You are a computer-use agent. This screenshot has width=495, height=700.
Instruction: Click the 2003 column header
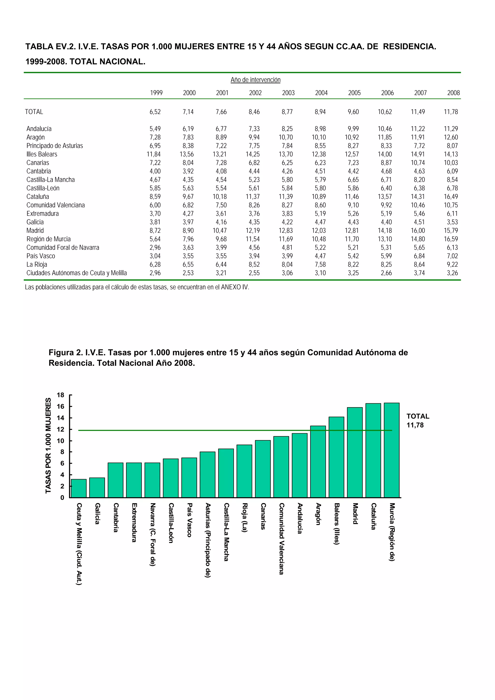pyautogui.click(x=288, y=93)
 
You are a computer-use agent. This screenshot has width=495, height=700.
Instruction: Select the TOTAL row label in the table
pyautogui.click(x=34, y=112)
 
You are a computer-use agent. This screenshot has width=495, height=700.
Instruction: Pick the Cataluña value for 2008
pyautogui.click(x=451, y=197)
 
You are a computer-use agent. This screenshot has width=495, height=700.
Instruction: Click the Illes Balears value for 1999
pyautogui.click(x=153, y=154)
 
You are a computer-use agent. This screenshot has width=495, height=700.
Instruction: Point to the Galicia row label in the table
pyautogui.click(x=35, y=222)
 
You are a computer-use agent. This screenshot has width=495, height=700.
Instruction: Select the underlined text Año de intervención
pyautogui.click(x=255, y=80)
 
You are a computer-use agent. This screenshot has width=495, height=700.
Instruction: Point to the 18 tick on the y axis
pyautogui.click(x=60, y=395)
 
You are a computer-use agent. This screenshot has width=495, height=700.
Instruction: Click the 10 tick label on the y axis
pyautogui.click(x=60, y=441)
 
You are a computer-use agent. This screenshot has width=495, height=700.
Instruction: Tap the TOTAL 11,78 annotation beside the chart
pyautogui.click(x=417, y=420)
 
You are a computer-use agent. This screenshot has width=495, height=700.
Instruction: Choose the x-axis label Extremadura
pyautogui.click(x=134, y=523)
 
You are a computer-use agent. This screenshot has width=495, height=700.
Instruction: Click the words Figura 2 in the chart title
pyautogui.click(x=65, y=353)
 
